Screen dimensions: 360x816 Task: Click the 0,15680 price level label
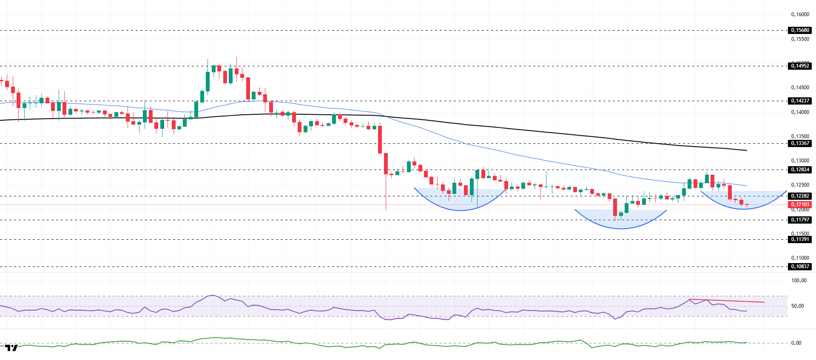click(x=800, y=30)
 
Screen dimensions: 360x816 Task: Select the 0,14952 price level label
click(x=800, y=66)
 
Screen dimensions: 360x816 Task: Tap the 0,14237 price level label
click(x=800, y=101)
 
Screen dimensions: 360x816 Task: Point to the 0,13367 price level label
click(x=800, y=143)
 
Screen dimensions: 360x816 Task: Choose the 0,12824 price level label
click(x=800, y=170)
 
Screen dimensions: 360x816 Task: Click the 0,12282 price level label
click(x=800, y=196)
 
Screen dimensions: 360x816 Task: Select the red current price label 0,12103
click(x=800, y=204)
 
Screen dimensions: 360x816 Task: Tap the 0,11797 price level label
click(x=800, y=220)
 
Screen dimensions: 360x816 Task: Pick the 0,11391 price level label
click(x=800, y=239)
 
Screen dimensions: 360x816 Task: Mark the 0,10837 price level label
click(x=800, y=266)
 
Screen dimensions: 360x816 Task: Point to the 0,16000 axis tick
click(x=800, y=14)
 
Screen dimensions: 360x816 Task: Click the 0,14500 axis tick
click(x=800, y=88)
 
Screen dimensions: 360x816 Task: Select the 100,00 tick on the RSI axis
click(x=799, y=281)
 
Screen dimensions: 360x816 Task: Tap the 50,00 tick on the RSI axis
click(x=797, y=306)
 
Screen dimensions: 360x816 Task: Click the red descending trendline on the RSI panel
click(x=727, y=301)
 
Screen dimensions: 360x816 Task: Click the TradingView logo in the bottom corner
click(x=11, y=348)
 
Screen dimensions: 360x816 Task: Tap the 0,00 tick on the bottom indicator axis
click(x=796, y=343)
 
